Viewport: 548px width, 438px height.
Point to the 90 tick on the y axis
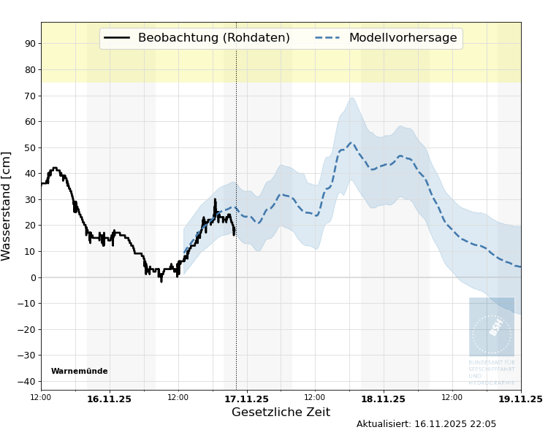[30, 44]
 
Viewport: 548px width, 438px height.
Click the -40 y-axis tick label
[27, 381]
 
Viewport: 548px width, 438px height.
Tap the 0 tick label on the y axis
[33, 277]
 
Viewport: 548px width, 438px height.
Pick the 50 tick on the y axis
[30, 147]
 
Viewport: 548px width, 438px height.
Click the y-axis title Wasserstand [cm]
[7, 206]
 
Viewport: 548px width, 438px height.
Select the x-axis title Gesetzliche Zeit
[281, 412]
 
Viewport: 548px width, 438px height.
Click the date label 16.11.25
[109, 399]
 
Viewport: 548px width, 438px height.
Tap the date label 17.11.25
[246, 399]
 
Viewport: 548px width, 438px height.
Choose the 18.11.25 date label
[383, 399]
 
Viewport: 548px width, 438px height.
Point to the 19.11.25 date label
[520, 399]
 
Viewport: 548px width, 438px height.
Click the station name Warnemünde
[79, 372]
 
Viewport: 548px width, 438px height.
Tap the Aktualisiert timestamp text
[426, 424]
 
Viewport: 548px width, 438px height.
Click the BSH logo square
[492, 326]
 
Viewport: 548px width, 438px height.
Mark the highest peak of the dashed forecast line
[351, 143]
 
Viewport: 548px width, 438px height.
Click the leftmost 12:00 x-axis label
[41, 398]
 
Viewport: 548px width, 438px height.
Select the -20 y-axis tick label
[27, 329]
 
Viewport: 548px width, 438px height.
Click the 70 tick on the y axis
[30, 96]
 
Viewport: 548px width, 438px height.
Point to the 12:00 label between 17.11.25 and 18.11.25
[315, 398]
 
